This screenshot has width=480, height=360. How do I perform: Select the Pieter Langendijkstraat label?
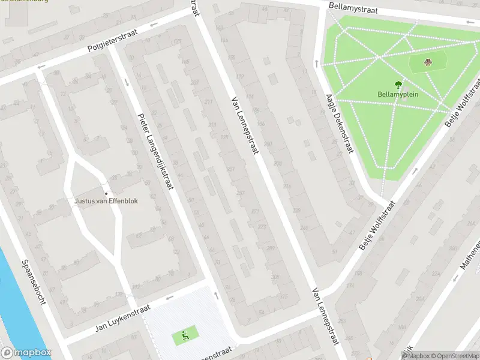click(x=155, y=152)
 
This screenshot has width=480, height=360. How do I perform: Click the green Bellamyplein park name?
click(x=398, y=94)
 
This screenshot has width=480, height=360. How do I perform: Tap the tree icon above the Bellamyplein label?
click(x=398, y=85)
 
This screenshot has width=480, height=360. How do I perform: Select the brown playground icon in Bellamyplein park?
click(x=428, y=61)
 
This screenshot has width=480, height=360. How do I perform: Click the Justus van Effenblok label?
click(x=106, y=201)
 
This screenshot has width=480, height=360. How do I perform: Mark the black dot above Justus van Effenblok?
click(x=106, y=193)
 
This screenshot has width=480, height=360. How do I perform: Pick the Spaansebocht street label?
click(x=34, y=283)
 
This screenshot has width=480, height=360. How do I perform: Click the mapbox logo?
click(x=26, y=353)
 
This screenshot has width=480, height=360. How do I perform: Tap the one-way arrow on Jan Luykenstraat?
click(x=170, y=297)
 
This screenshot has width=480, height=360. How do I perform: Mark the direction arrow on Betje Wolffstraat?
click(x=415, y=170)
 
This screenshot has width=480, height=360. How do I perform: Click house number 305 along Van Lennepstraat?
click(x=275, y=277)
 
